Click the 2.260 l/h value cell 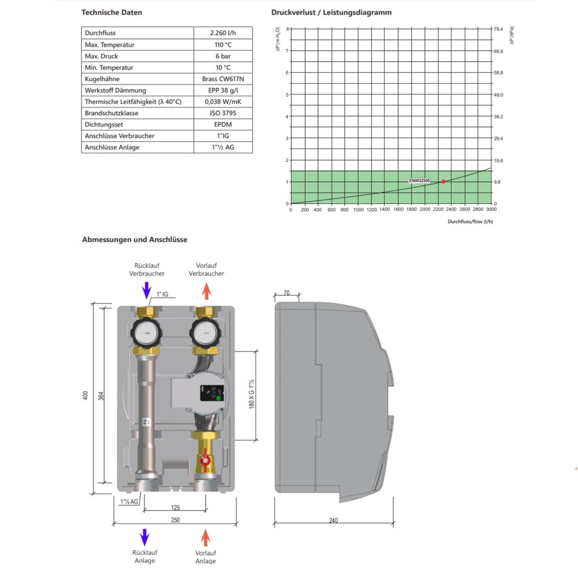click(x=223, y=34)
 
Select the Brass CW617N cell click(x=223, y=79)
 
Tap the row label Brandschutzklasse click(x=111, y=113)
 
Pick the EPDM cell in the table click(x=223, y=124)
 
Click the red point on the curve click(x=443, y=181)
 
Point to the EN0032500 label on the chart click(x=419, y=181)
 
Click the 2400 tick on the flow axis click(x=451, y=210)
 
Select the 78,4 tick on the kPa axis click(x=498, y=28)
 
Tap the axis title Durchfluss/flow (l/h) click(x=470, y=221)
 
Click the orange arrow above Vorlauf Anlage click(x=205, y=538)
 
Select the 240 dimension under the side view click(x=333, y=520)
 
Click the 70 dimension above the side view click(x=287, y=294)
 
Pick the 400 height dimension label click(x=86, y=395)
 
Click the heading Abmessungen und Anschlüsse click(x=135, y=239)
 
